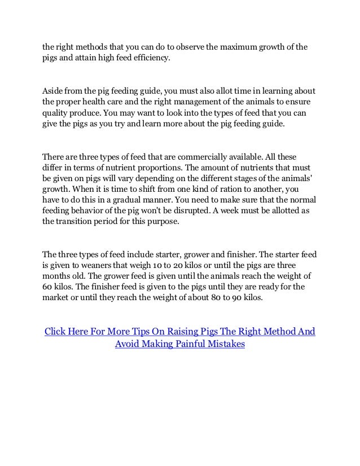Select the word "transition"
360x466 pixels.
pyautogui.click(x=91, y=223)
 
